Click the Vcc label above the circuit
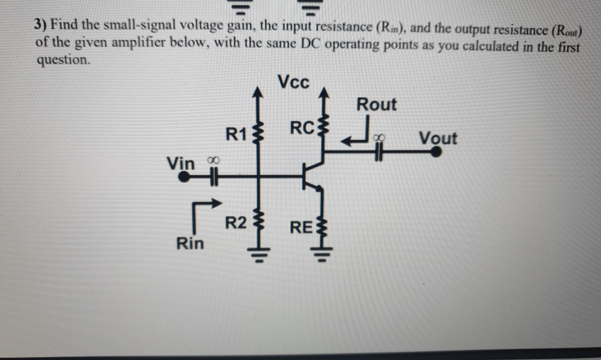tap(293, 82)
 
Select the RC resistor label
tap(301, 128)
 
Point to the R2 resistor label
tap(235, 224)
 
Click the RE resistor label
tap(300, 227)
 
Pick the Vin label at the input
tap(181, 162)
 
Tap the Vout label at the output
tap(438, 138)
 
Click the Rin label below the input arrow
tap(189, 243)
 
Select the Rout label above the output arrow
tap(376, 104)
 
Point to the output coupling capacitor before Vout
tap(378, 152)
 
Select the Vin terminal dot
tap(185, 176)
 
